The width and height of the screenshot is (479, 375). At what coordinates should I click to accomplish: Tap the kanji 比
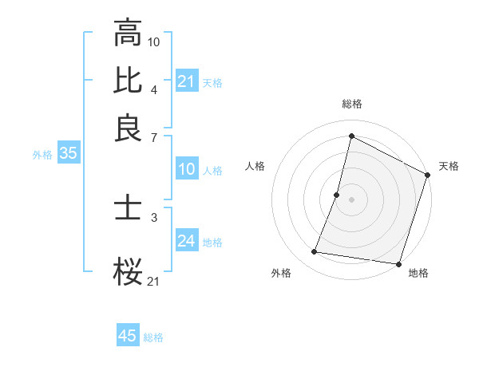[128, 80]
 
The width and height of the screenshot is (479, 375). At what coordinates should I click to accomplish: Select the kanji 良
[128, 128]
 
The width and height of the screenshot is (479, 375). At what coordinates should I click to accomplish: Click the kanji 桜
[128, 272]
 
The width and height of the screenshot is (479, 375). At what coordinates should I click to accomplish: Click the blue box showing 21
[186, 81]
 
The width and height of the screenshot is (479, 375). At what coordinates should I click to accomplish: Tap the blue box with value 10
[186, 169]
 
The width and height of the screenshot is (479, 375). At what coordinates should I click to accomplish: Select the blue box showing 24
[186, 241]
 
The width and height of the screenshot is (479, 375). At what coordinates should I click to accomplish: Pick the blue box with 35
[68, 154]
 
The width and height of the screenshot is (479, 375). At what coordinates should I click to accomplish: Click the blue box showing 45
[128, 336]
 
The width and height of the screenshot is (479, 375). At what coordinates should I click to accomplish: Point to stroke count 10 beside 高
[154, 41]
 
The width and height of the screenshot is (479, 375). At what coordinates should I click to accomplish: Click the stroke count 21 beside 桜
[154, 280]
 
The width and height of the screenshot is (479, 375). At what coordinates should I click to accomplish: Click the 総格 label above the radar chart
[351, 104]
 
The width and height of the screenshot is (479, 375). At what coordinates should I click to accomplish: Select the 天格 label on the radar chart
[449, 166]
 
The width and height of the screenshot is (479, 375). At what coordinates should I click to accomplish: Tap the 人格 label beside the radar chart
[255, 166]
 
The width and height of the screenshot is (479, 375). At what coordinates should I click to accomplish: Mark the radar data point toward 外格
[315, 252]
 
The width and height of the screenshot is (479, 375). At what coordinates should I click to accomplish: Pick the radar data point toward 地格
[398, 264]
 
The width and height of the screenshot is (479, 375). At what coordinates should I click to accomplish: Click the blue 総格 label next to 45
[153, 337]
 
